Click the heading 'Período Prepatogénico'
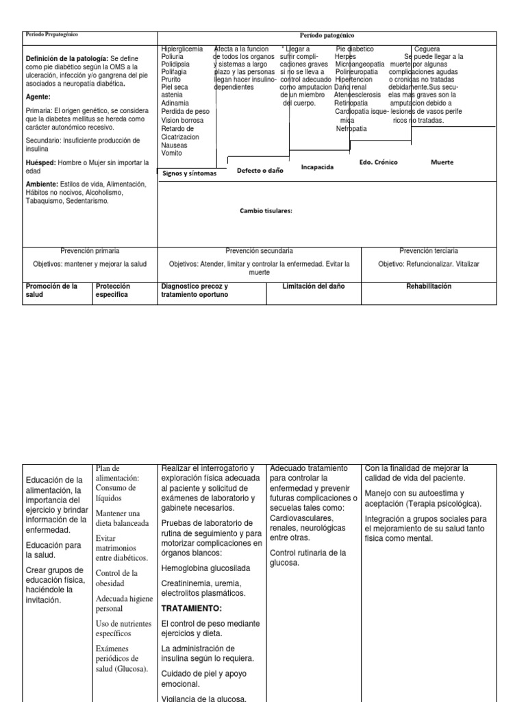click(x=51, y=34)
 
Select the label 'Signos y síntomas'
click(x=190, y=173)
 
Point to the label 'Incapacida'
click(x=317, y=167)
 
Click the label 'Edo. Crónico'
click(x=378, y=162)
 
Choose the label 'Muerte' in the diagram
click(x=442, y=162)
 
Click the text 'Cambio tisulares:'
click(x=266, y=211)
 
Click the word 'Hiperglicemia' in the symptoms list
click(x=181, y=49)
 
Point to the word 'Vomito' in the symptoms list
click(x=171, y=154)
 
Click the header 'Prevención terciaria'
click(x=429, y=251)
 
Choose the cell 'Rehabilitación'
click(x=428, y=286)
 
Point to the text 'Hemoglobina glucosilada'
click(x=205, y=568)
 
